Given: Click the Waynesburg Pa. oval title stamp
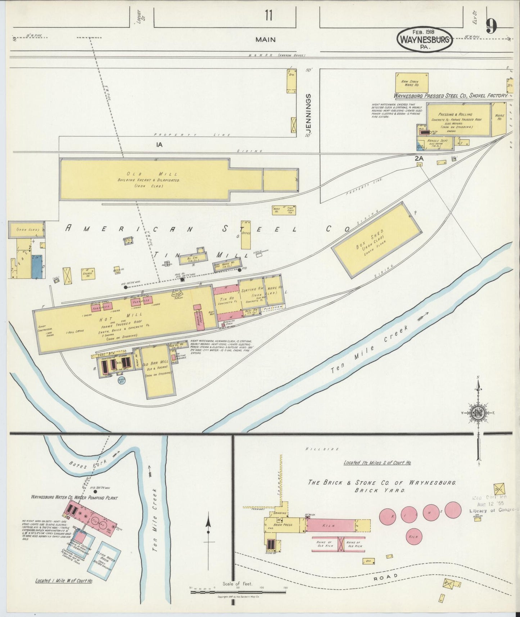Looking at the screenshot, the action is click(x=425, y=39).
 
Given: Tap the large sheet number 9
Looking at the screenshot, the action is click(x=491, y=26).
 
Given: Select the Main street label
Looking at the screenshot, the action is click(x=265, y=40).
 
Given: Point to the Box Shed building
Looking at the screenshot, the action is click(x=376, y=239).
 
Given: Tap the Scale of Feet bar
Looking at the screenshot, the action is click(x=238, y=591).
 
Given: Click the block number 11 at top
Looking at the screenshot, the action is click(x=268, y=15).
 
